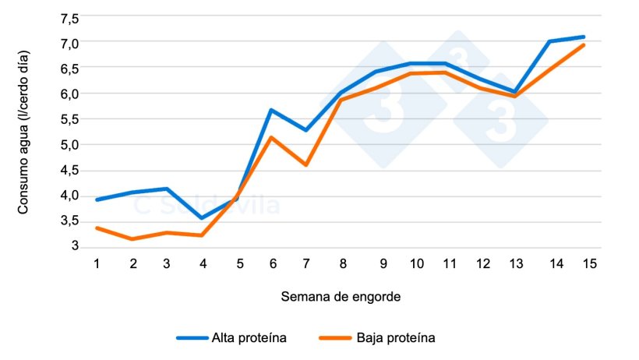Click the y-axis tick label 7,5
(69, 18)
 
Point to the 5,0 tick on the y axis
(69, 145)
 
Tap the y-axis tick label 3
(76, 246)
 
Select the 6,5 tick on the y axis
(69, 69)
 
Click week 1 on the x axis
(97, 263)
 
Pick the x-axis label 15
(589, 263)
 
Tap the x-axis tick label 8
(343, 263)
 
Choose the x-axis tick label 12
(483, 263)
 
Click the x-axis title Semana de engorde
(341, 297)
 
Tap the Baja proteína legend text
(395, 338)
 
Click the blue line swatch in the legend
(192, 338)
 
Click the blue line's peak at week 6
(270, 110)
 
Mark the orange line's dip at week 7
(306, 165)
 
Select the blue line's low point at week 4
(203, 218)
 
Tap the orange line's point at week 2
(132, 239)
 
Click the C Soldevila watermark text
(207, 206)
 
